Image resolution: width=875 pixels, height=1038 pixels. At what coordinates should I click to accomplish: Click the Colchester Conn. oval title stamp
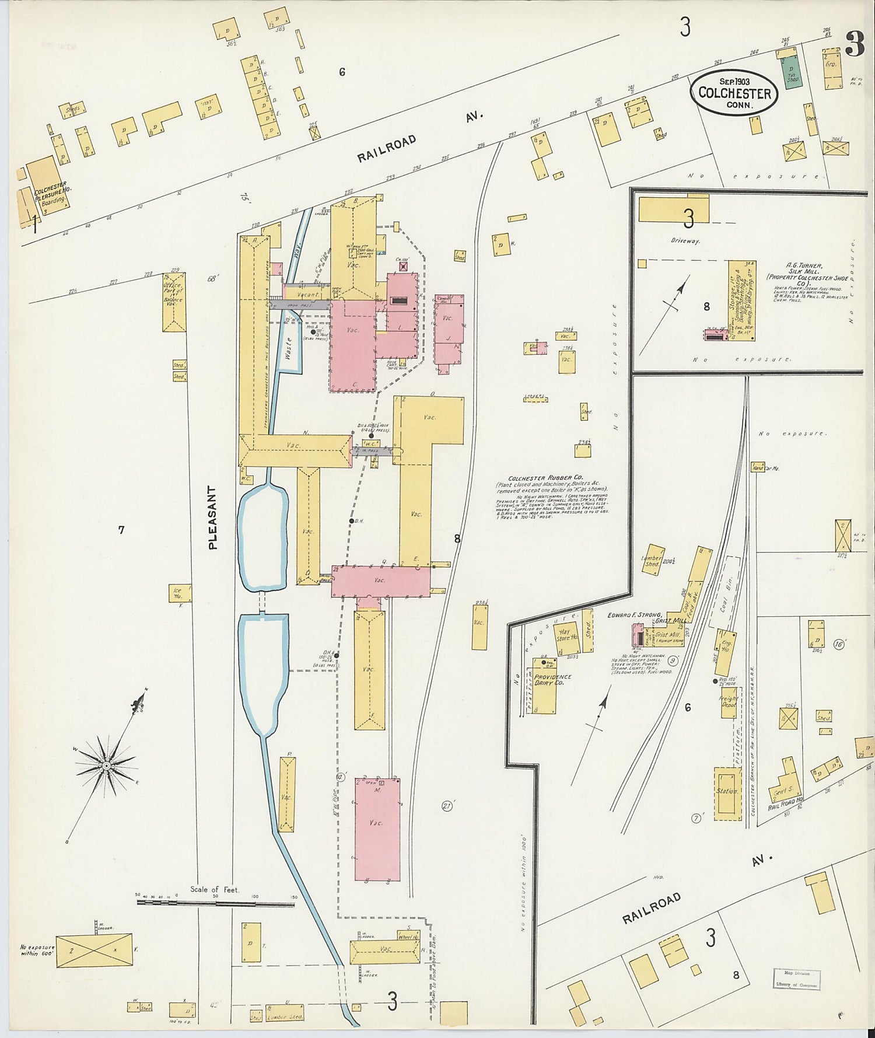pos(734,92)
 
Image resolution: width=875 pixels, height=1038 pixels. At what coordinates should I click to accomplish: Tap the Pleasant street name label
pos(212,518)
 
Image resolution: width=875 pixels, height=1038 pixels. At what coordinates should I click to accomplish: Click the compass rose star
pos(107,765)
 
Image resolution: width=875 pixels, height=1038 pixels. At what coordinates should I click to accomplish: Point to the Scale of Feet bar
pos(215,903)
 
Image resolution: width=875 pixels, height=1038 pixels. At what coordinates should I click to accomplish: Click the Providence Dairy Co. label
pos(552,679)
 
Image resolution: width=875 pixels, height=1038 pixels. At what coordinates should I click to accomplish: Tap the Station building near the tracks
pos(727,792)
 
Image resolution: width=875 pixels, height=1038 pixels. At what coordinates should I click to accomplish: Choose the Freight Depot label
pos(729,701)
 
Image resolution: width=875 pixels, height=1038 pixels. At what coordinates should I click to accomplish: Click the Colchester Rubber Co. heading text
pos(545,477)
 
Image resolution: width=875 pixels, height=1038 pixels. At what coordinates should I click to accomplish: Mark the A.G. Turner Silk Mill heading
pos(804,269)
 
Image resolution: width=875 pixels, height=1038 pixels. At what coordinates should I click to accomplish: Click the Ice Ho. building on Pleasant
pos(177,593)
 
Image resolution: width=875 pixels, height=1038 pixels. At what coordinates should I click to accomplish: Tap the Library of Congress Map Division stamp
pos(796,980)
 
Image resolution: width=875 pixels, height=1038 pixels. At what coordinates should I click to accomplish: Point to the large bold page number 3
pos(855,44)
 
